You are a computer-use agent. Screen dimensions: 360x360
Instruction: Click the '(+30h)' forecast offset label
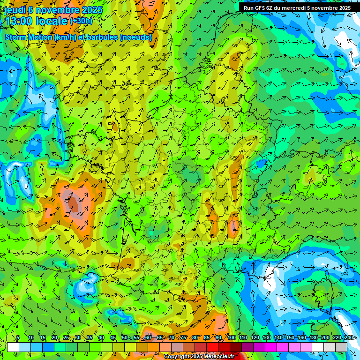(x=81, y=21)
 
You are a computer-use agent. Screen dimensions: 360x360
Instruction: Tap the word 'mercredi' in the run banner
(x=303, y=8)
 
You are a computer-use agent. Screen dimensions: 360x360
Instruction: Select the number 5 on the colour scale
(x=18, y=338)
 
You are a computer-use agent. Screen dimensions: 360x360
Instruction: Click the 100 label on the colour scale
(x=232, y=338)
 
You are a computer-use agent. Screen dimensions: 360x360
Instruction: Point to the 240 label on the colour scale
(x=349, y=338)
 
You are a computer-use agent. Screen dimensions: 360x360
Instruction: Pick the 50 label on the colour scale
(x=125, y=338)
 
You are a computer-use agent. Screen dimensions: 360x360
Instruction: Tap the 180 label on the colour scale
(x=314, y=338)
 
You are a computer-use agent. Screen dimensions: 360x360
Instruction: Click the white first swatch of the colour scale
(x=13, y=347)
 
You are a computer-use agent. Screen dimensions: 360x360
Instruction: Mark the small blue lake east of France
(x=261, y=164)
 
